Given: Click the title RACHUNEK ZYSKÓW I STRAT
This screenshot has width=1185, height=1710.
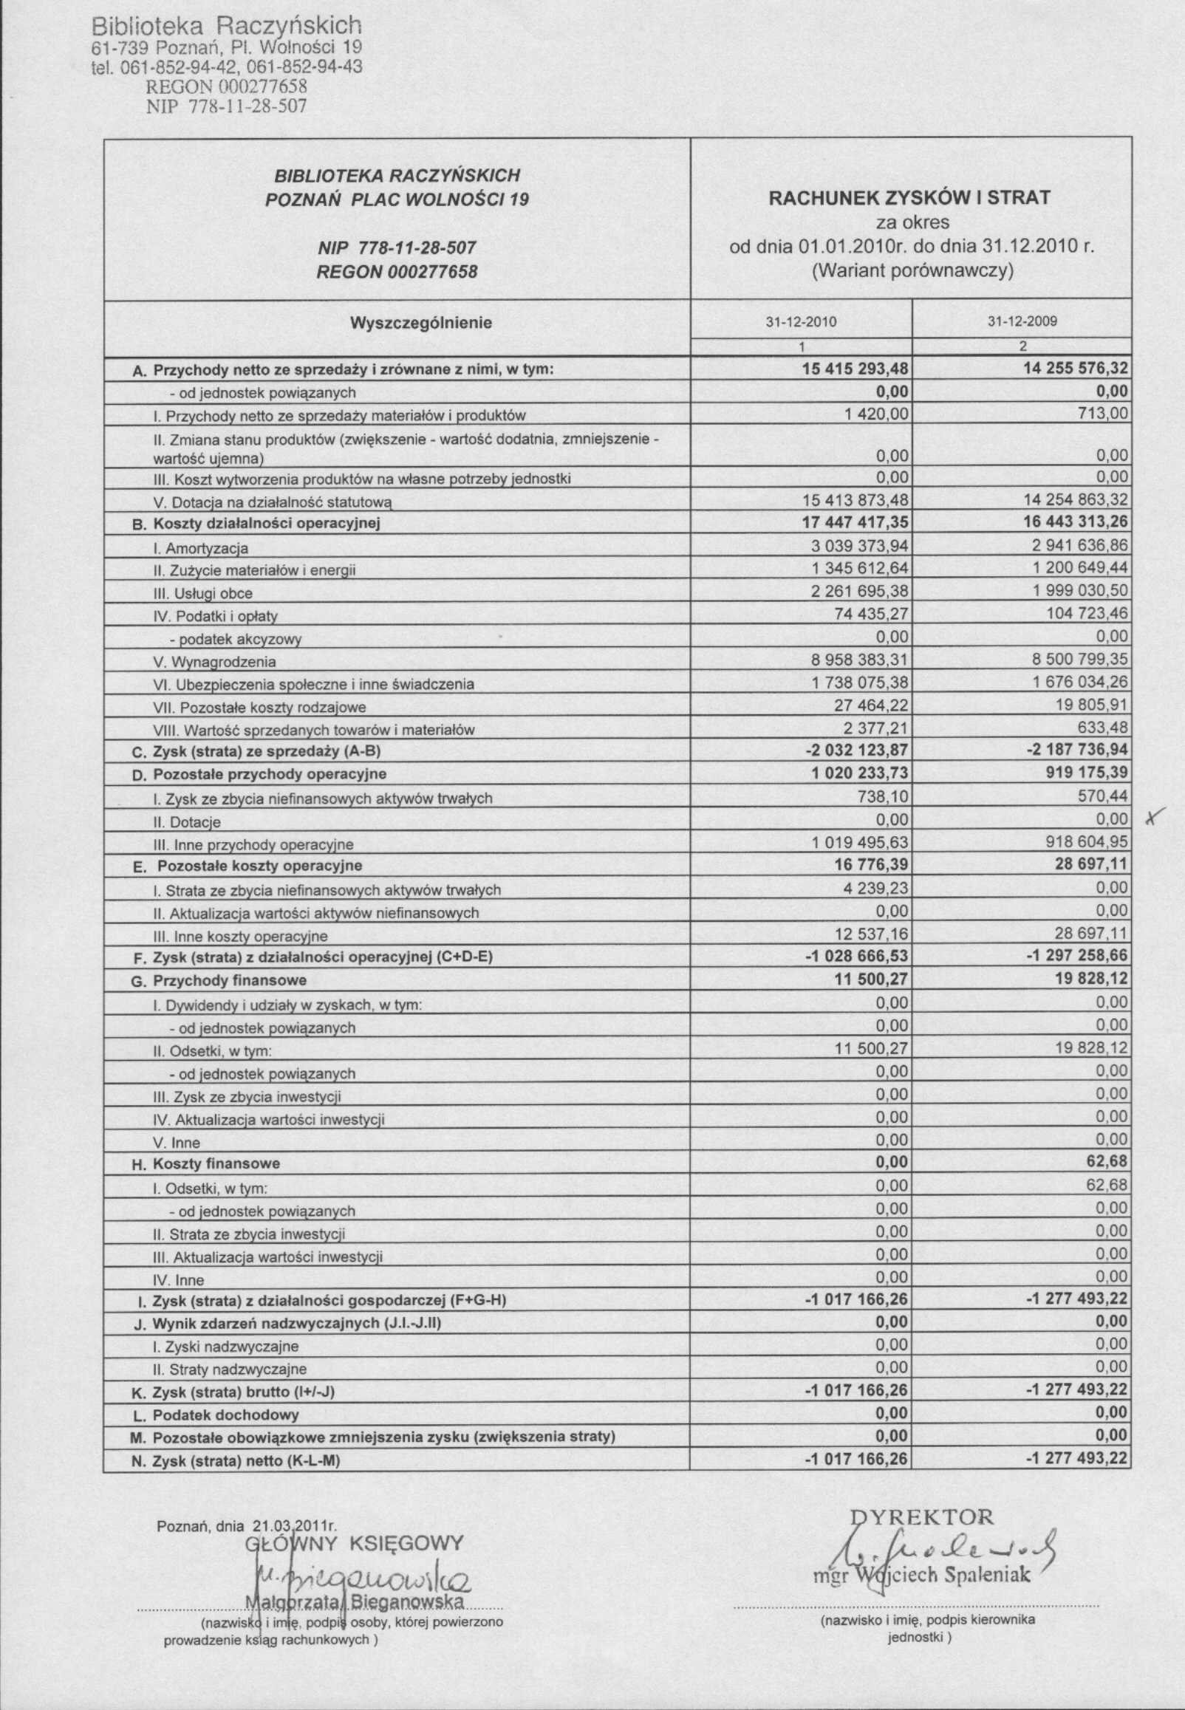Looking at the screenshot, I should (x=909, y=197).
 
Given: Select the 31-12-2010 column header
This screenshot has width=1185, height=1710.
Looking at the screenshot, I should (x=801, y=322).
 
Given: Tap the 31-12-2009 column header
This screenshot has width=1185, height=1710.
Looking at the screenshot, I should (x=1022, y=322).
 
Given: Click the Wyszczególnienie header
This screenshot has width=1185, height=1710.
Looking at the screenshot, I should (x=420, y=323).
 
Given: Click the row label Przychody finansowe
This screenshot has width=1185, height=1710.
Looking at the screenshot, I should (x=230, y=980).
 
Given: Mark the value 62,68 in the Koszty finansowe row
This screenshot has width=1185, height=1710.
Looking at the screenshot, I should (x=1107, y=1161).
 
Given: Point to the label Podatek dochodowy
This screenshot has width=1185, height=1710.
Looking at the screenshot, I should (x=226, y=1415).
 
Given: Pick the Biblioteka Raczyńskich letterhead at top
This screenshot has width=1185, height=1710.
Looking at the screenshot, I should (x=227, y=27).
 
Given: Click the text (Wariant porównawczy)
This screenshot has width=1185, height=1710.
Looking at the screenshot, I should (x=912, y=270).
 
